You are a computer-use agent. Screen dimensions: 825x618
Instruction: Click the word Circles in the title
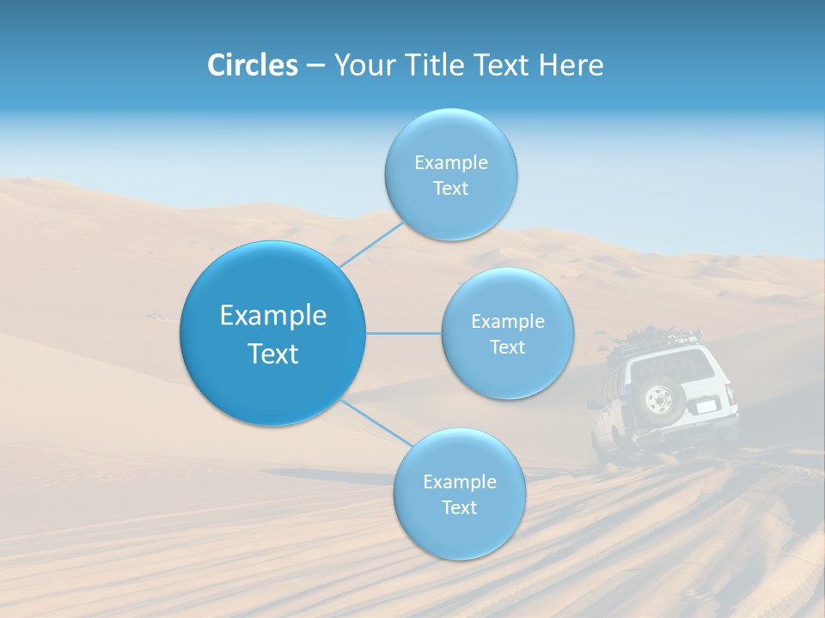(253, 65)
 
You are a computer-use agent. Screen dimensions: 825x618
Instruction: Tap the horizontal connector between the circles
(403, 333)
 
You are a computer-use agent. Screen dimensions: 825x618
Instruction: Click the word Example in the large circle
(273, 316)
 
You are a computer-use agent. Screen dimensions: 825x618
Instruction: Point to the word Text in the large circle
(273, 354)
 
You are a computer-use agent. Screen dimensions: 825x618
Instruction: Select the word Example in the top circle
(451, 163)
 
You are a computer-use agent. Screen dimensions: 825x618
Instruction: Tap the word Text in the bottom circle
(459, 507)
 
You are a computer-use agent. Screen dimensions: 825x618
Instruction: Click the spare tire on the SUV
(660, 400)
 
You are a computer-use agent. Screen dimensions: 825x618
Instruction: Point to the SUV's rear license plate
(706, 404)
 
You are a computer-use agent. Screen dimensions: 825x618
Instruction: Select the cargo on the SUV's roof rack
(653, 335)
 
